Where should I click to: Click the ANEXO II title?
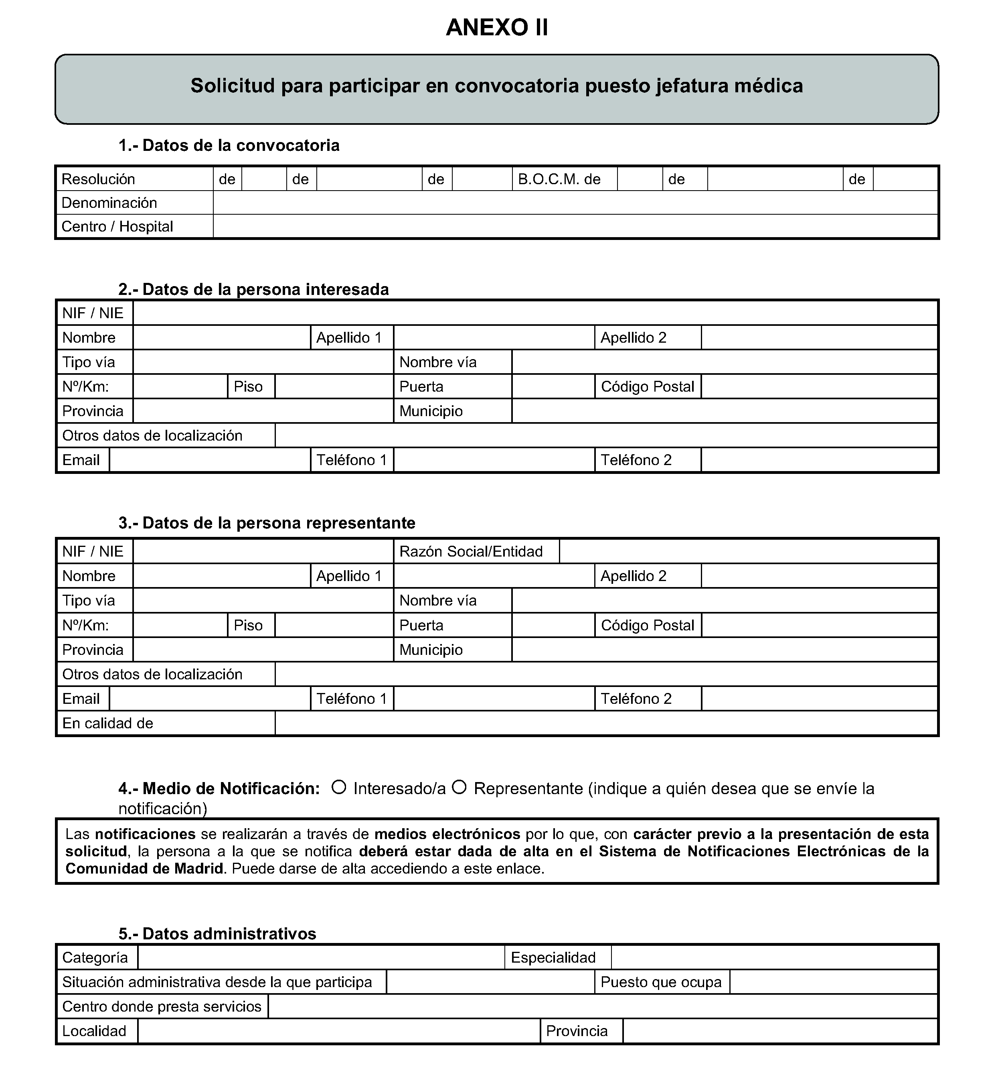pyautogui.click(x=497, y=28)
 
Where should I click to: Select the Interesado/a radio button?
pyautogui.click(x=338, y=787)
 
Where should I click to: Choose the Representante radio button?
pyautogui.click(x=459, y=787)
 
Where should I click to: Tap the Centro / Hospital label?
pyautogui.click(x=117, y=226)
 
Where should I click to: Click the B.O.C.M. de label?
pyautogui.click(x=559, y=179)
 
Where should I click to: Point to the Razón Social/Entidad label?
pyautogui.click(x=470, y=552)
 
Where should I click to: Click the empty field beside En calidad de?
pyautogui.click(x=606, y=723)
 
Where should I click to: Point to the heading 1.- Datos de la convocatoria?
pyautogui.click(x=229, y=146)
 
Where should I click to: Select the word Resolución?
pyautogui.click(x=98, y=179)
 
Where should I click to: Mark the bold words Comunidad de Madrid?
pyautogui.click(x=144, y=869)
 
